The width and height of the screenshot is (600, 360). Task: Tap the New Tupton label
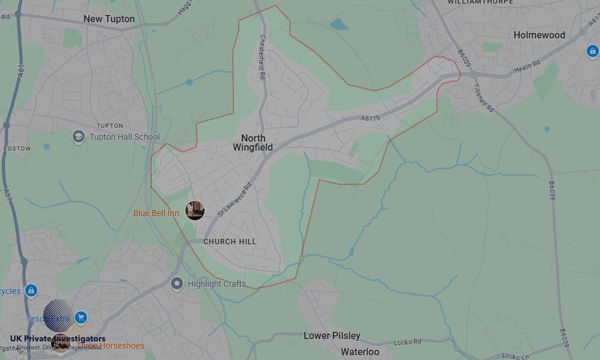click(x=109, y=19)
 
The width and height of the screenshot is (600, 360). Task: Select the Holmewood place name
click(x=539, y=35)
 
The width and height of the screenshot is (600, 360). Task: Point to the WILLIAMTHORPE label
click(x=480, y=2)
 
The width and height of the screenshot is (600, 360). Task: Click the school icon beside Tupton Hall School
click(x=78, y=137)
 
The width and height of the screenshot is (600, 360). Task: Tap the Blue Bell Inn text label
click(x=156, y=213)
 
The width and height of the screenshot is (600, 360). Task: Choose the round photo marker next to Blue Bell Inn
click(x=195, y=211)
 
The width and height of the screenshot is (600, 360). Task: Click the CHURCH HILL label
click(x=230, y=242)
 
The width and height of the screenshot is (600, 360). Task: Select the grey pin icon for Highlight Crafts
click(x=176, y=283)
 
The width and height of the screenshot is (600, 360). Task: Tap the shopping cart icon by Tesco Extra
click(x=82, y=318)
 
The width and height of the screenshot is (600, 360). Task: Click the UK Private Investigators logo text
click(x=58, y=339)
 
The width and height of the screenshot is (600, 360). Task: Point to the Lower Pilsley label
click(x=332, y=335)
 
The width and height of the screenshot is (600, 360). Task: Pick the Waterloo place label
click(x=360, y=352)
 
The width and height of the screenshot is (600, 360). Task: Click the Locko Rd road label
click(x=407, y=342)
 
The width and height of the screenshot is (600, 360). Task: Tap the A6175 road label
click(x=370, y=118)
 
